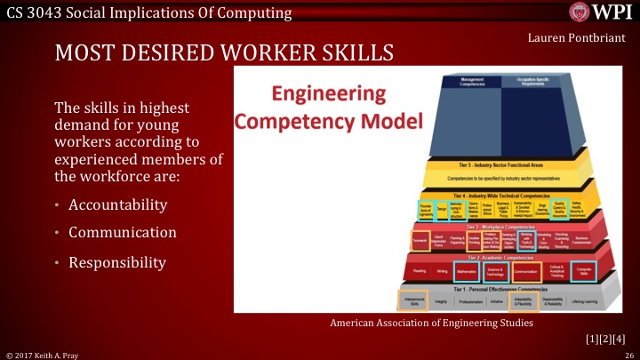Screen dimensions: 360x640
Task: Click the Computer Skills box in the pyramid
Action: pyautogui.click(x=584, y=270)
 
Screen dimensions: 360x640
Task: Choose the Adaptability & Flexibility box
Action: pyautogui.click(x=523, y=301)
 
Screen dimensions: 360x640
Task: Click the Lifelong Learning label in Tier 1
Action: pyautogui.click(x=596, y=301)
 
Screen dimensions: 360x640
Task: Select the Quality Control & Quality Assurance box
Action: pyautogui.click(x=559, y=207)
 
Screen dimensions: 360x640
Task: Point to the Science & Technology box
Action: pyautogui.click(x=495, y=270)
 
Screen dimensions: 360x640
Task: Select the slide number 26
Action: pyautogui.click(x=628, y=354)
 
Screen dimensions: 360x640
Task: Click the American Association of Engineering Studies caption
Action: pyautogui.click(x=431, y=324)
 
